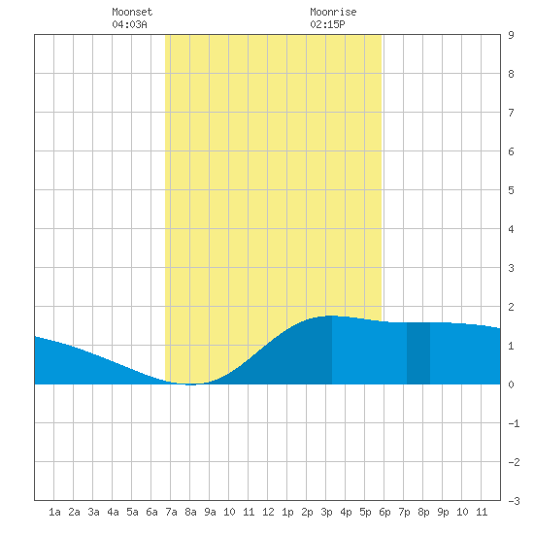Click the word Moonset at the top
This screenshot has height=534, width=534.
132,12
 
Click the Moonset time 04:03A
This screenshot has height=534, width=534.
129,24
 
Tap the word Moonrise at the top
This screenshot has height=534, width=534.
333,12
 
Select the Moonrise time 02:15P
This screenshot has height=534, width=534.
327,24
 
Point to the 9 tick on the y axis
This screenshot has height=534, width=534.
511,35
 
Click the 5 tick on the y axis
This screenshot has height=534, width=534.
511,190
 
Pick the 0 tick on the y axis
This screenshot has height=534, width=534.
511,384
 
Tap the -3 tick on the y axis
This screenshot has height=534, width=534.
514,501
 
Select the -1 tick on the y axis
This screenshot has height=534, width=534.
514,423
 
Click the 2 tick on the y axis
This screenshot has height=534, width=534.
511,307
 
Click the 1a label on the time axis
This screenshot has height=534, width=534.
54,512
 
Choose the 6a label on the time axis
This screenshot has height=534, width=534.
151,512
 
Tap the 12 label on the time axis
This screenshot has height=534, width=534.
268,512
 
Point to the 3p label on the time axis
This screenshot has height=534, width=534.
326,512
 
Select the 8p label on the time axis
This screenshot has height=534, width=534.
423,512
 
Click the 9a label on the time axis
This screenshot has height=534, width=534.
210,512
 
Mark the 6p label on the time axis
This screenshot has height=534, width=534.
384,512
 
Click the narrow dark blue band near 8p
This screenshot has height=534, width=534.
418,353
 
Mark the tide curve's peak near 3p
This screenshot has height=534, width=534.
331,317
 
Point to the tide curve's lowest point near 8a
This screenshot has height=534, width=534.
190,384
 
